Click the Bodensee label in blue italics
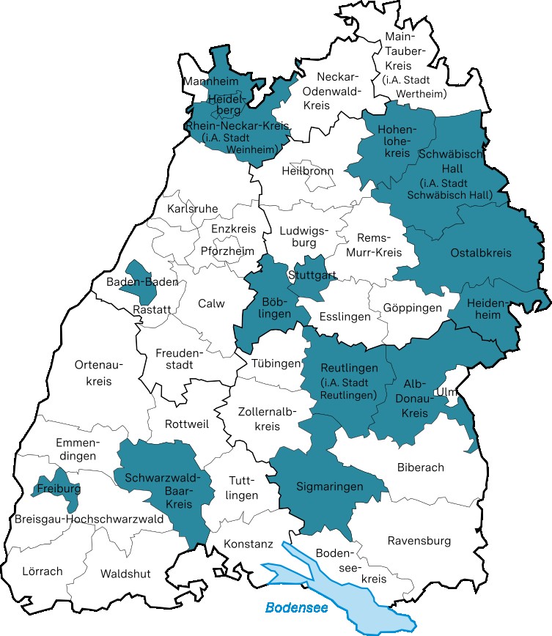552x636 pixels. point(296,607)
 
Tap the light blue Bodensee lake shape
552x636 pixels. point(345,594)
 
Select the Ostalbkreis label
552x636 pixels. point(480,253)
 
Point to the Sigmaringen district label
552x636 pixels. point(329,487)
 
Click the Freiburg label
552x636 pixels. point(56,488)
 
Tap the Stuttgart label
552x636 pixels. point(312,276)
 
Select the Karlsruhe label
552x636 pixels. point(193,209)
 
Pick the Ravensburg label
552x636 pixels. point(419,541)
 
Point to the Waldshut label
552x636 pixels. point(125,572)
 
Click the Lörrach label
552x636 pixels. point(43,571)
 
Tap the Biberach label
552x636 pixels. point(420,467)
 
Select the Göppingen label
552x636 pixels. point(412,308)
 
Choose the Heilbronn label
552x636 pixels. point(308,171)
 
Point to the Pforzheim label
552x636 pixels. point(227,251)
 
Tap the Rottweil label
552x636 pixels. point(188,424)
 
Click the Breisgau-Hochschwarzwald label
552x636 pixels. point(89,519)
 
